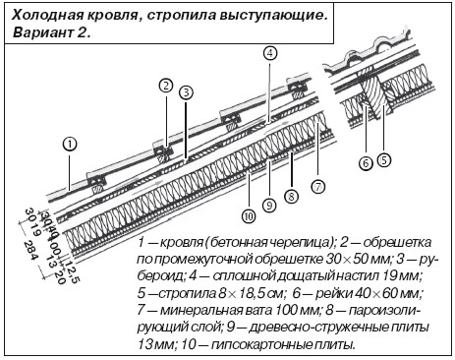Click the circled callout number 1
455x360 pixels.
coord(70,145)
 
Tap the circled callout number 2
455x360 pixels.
coord(166,86)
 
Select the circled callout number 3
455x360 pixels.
coord(186,92)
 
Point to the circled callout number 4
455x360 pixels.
coord(270,53)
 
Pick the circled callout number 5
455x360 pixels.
coord(384,160)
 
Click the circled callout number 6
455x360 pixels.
coord(366,163)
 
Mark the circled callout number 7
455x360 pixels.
coord(317,187)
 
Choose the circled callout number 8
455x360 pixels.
coord(291,197)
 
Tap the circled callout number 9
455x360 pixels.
coord(269,206)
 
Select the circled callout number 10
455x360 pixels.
coord(249,216)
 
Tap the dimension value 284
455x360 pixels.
coord(31,251)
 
